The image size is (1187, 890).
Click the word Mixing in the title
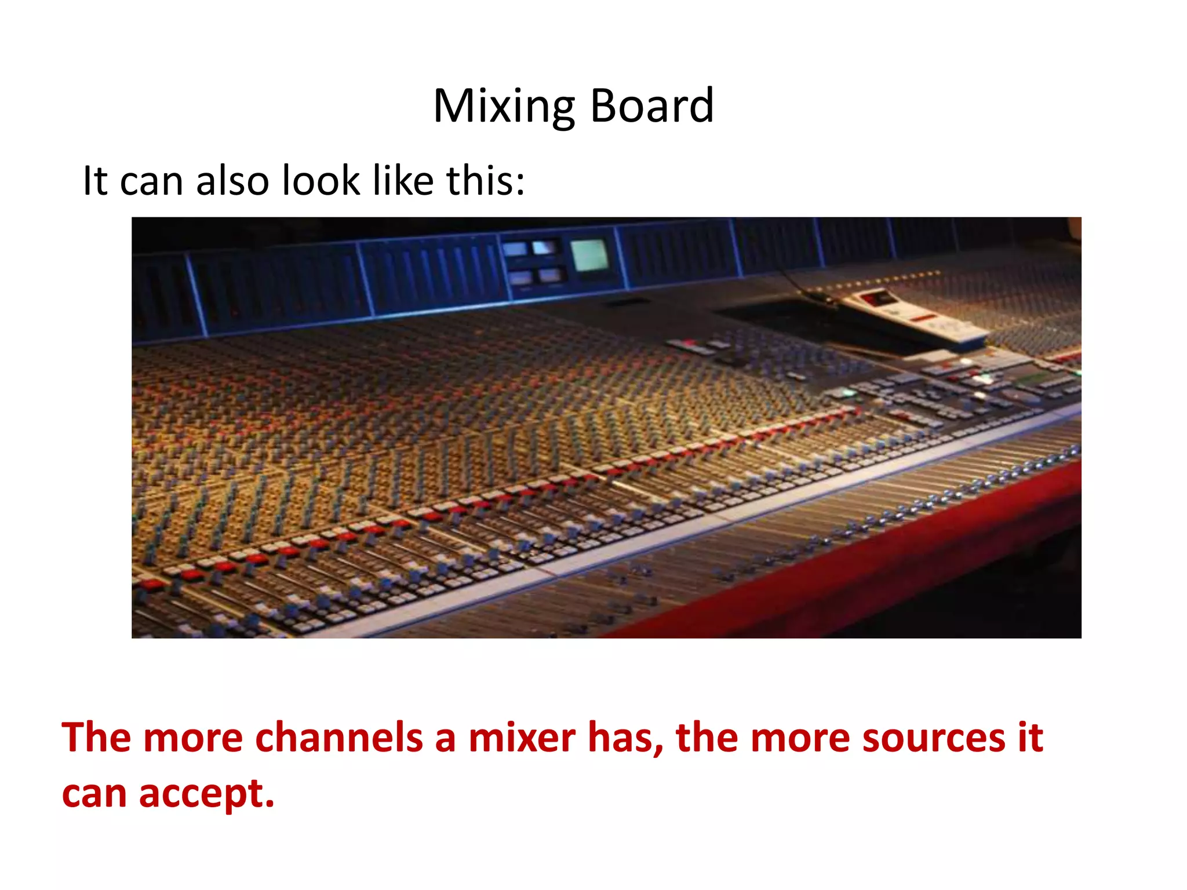click(504, 107)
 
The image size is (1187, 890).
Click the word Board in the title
click(651, 107)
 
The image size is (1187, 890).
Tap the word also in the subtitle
click(232, 181)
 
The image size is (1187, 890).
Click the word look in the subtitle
click(321, 181)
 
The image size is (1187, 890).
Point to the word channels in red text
click(338, 738)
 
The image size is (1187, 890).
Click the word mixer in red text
click(522, 738)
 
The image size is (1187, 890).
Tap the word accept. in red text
click(206, 793)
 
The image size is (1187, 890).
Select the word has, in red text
click(625, 738)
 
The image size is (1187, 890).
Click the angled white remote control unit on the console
click(916, 316)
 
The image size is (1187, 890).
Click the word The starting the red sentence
click(96, 738)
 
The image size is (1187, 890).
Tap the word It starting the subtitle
click(95, 181)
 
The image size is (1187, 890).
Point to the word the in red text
click(707, 738)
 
